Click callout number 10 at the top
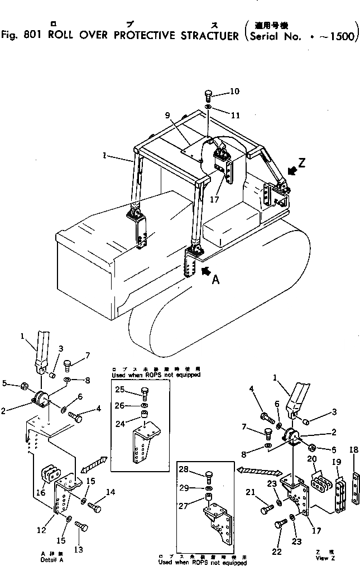[x=234, y=91]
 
